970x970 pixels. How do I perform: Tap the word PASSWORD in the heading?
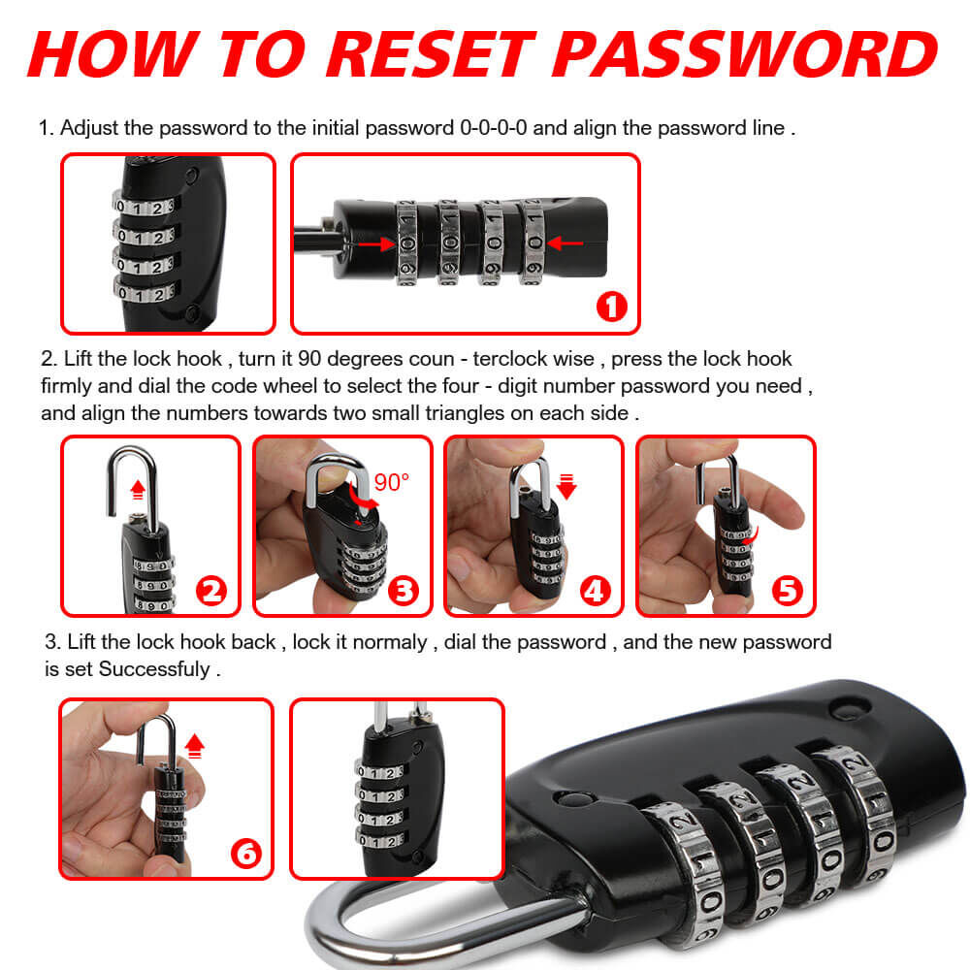click(745, 54)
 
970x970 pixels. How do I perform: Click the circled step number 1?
click(612, 307)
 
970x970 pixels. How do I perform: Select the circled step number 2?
click(210, 591)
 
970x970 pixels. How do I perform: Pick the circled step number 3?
click(404, 591)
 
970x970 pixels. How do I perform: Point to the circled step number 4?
click(596, 591)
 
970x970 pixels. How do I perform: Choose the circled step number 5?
click(788, 591)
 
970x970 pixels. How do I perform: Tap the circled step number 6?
click(246, 854)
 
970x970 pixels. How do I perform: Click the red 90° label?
click(392, 482)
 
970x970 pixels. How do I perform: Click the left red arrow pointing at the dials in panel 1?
click(376, 244)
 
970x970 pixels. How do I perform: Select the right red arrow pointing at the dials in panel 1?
click(565, 243)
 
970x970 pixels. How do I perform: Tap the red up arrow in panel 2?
click(138, 490)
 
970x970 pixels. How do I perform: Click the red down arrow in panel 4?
click(566, 487)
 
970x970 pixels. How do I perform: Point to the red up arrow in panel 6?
click(195, 746)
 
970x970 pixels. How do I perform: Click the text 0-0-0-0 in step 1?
click(493, 128)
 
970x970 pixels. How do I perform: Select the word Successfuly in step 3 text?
click(154, 669)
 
